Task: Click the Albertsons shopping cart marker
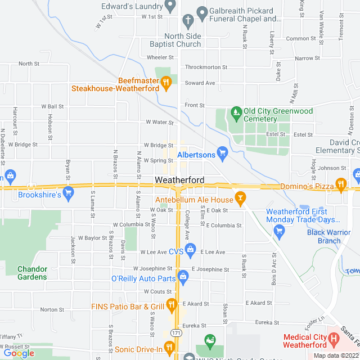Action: pos(223,151)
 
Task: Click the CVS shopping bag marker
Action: pos(191,248)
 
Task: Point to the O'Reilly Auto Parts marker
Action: pos(183,276)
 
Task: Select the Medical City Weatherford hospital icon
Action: pos(335,339)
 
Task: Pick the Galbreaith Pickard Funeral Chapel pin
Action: pos(202,11)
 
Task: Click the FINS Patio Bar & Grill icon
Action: pos(172,305)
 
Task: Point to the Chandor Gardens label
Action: pos(32,272)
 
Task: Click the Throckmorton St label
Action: pos(206,67)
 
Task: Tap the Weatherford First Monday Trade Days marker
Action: pos(279,230)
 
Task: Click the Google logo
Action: pos(19,353)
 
